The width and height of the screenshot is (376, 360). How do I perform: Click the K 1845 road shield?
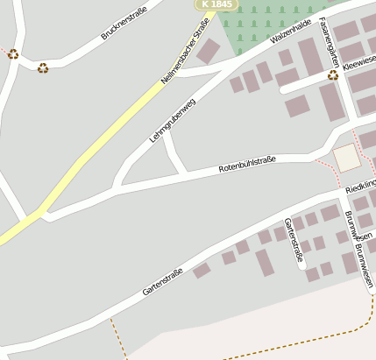click(x=216, y=4)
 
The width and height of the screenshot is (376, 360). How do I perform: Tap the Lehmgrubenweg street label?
click(x=173, y=119)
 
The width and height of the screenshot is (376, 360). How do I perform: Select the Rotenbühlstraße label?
click(x=246, y=163)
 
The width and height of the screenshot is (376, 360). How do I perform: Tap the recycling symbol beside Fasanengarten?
click(x=333, y=75)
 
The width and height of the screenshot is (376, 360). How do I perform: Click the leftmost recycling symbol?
click(x=13, y=54)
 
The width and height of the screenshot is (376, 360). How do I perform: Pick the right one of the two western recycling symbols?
click(x=42, y=67)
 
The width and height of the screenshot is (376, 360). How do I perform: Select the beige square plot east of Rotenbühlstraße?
click(x=346, y=158)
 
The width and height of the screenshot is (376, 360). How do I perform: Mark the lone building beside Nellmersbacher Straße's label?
click(x=209, y=51)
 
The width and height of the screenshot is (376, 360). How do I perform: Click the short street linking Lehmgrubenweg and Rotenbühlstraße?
click(x=174, y=155)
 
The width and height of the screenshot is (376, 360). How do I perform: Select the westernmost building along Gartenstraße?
click(x=202, y=271)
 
